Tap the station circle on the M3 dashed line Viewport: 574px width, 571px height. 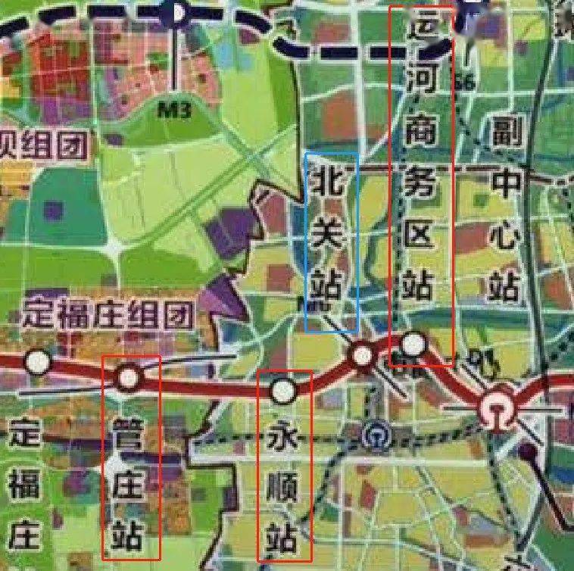(x=177, y=12)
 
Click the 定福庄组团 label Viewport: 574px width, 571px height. (x=108, y=313)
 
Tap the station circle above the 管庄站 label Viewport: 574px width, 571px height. (x=128, y=376)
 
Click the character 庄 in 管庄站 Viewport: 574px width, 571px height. (x=129, y=485)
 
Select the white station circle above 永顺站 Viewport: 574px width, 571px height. (x=284, y=391)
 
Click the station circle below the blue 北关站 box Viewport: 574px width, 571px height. (x=362, y=354)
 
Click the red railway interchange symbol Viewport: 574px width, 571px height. (x=497, y=410)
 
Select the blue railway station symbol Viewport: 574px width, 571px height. (x=375, y=434)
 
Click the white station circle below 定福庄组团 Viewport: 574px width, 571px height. (x=36, y=362)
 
